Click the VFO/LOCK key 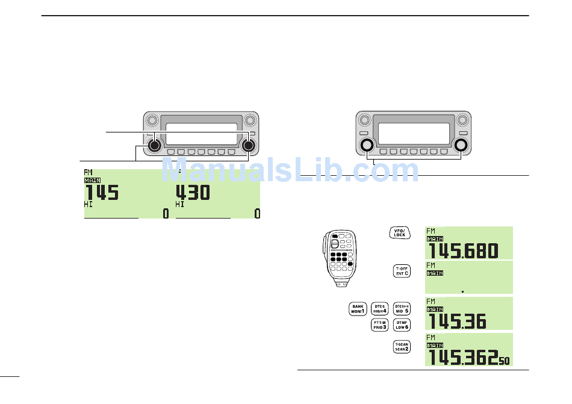click(399, 233)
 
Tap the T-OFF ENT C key click(402, 271)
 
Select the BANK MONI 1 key click(358, 308)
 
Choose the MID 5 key click(402, 308)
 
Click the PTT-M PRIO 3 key click(379, 325)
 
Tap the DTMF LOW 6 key click(402, 325)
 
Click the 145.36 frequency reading click(456, 322)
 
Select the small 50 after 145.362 click(503, 361)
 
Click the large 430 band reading click(192, 193)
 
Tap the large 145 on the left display click(101, 193)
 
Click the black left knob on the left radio click(155, 145)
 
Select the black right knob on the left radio click(247, 145)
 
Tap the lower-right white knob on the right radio click(461, 145)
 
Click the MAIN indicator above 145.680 click(435, 239)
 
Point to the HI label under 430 click(179, 205)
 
